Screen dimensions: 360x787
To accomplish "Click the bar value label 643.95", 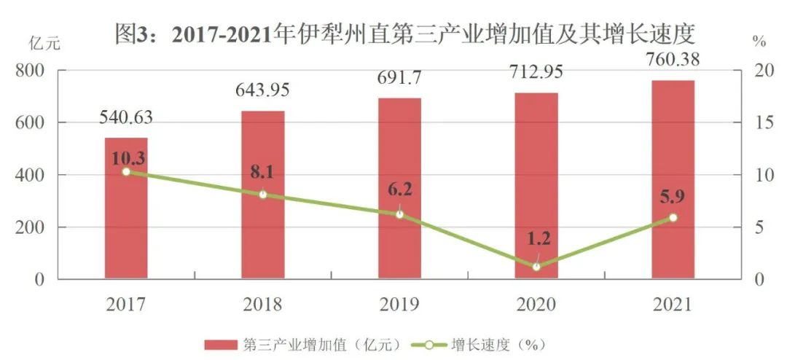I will (262, 91).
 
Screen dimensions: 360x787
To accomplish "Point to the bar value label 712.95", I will (536, 72).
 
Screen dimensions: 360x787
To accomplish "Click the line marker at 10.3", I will (126, 172).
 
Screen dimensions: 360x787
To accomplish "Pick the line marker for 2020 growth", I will (536, 267).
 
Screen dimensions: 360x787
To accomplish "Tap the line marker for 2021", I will (673, 218).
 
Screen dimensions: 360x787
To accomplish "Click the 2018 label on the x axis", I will (262, 304).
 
